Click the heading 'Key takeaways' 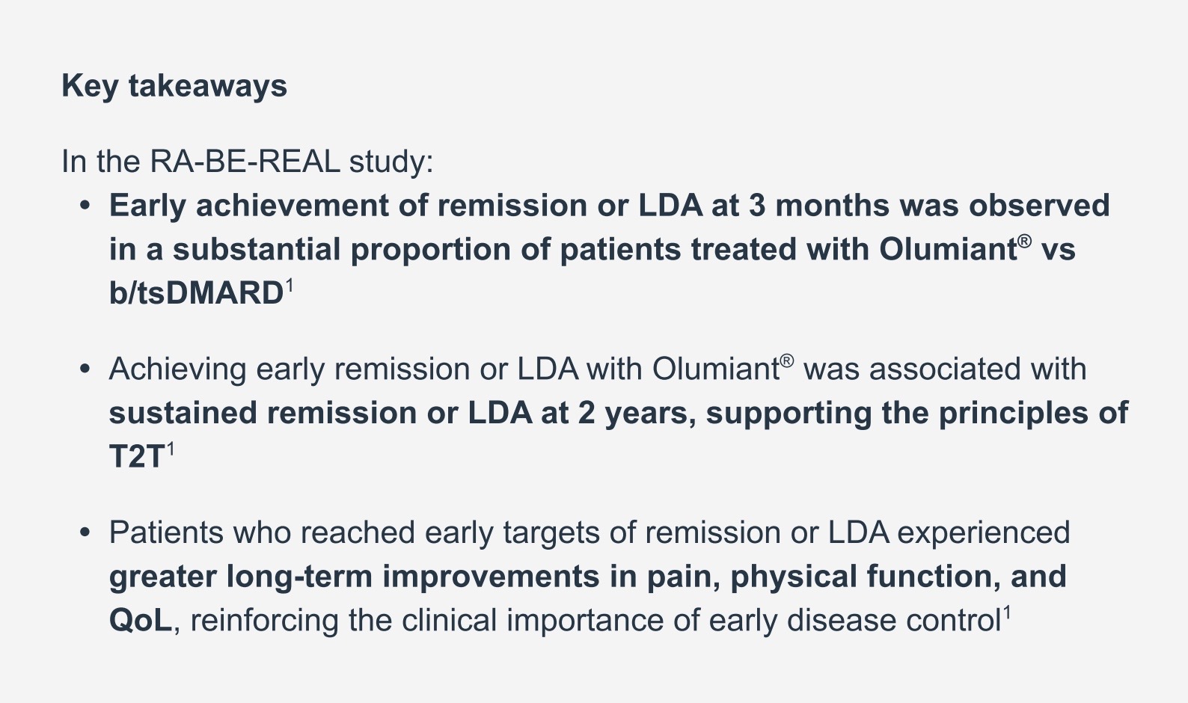(x=174, y=87)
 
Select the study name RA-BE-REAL (x=245, y=162)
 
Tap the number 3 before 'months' (x=757, y=205)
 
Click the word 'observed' (x=1040, y=205)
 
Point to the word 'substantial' (x=257, y=249)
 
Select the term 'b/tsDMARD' (x=196, y=292)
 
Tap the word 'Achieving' (x=177, y=369)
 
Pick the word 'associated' (x=945, y=369)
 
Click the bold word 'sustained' (x=183, y=413)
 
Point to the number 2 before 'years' (x=586, y=413)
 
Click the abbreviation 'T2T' (x=136, y=456)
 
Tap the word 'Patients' (x=166, y=532)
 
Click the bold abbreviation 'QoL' (x=141, y=620)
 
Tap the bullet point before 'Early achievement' (x=85, y=206)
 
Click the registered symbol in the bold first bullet (x=1025, y=242)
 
